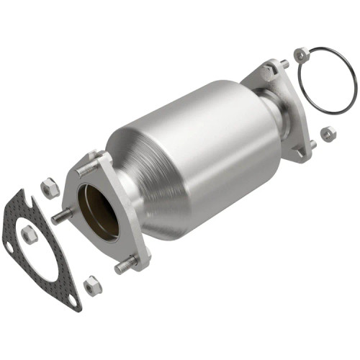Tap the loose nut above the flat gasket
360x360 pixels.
pos(50,189)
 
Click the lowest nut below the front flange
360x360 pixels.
pos(92,287)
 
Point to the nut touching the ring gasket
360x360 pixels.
pos(302,55)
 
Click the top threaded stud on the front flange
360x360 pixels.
pos(87,171)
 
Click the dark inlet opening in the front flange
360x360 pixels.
pos(98,210)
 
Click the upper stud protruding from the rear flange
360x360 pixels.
pos(285,65)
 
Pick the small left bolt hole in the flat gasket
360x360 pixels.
pos(8,247)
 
